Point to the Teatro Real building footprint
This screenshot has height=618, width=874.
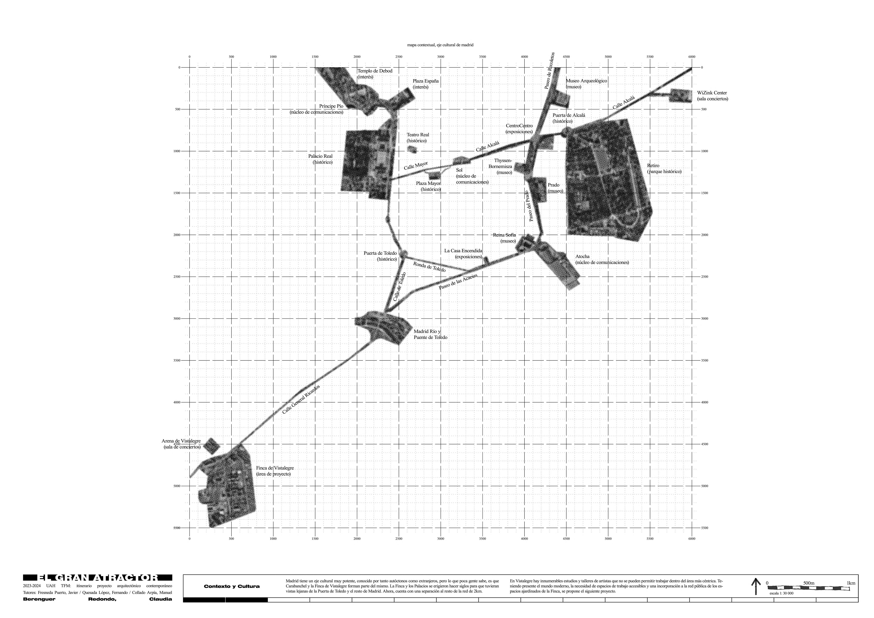[412, 149]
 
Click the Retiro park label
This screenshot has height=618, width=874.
[664, 169]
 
